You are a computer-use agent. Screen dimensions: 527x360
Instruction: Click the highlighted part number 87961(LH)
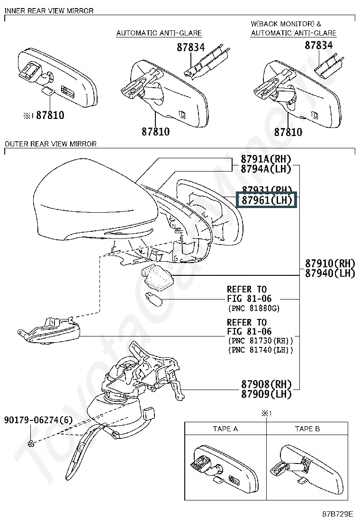(x=266, y=200)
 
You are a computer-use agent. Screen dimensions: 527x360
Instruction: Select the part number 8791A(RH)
(x=266, y=159)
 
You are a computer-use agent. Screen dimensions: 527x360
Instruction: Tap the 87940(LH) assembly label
(x=330, y=273)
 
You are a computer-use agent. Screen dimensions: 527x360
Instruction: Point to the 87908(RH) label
(x=266, y=384)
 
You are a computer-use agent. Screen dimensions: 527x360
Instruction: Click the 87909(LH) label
(x=266, y=394)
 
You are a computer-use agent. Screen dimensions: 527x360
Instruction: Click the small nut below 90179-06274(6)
(x=30, y=443)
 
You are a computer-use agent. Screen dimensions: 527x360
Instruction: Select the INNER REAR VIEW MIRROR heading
(x=49, y=10)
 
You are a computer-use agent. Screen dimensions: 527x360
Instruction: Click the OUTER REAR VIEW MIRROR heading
(x=50, y=144)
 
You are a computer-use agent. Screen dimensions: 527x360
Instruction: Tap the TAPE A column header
(x=225, y=428)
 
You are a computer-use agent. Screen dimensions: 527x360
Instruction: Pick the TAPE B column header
(x=307, y=428)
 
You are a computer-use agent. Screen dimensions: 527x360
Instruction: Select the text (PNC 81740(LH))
(x=261, y=350)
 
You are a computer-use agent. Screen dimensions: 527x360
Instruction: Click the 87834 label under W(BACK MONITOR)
(x=318, y=46)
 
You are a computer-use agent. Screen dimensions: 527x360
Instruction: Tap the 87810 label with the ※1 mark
(x=47, y=115)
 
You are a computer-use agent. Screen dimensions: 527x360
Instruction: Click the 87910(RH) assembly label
(x=330, y=263)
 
